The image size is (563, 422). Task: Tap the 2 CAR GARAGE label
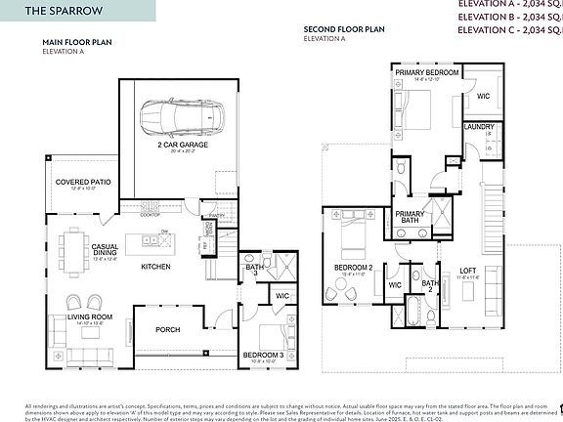coord(177,145)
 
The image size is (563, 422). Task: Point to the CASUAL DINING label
coord(106,250)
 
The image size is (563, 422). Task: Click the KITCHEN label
coord(155,266)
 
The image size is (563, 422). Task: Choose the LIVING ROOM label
coord(89,317)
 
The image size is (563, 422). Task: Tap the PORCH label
coord(168,329)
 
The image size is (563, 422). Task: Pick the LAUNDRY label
coord(478,127)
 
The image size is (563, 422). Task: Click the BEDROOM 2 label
coord(354,267)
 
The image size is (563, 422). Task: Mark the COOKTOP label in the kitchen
coord(151,215)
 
